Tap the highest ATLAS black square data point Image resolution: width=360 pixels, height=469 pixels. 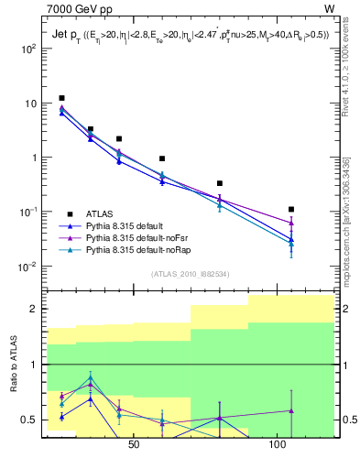click(x=61, y=98)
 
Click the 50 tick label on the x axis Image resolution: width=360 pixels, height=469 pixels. click(x=134, y=445)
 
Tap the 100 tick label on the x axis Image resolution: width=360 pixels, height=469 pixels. click(x=278, y=445)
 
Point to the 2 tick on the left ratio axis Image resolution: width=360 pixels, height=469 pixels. click(x=35, y=309)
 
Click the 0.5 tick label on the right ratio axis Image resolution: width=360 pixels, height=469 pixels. click(x=348, y=420)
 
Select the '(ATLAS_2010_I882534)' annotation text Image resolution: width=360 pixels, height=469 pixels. click(x=190, y=274)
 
